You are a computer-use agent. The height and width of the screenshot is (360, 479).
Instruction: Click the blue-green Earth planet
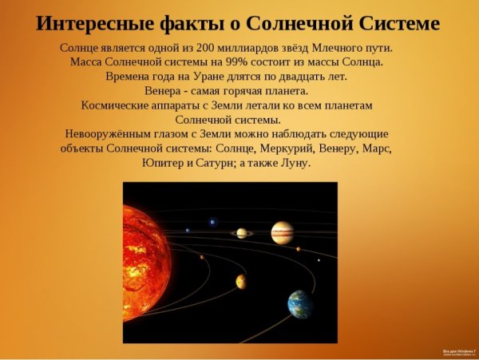point(300,303)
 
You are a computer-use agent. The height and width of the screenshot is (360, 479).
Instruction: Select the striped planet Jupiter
point(282,233)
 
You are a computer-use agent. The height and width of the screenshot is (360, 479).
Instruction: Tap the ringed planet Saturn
point(241,233)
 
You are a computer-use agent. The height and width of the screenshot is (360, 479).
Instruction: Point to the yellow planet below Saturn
point(240,281)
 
